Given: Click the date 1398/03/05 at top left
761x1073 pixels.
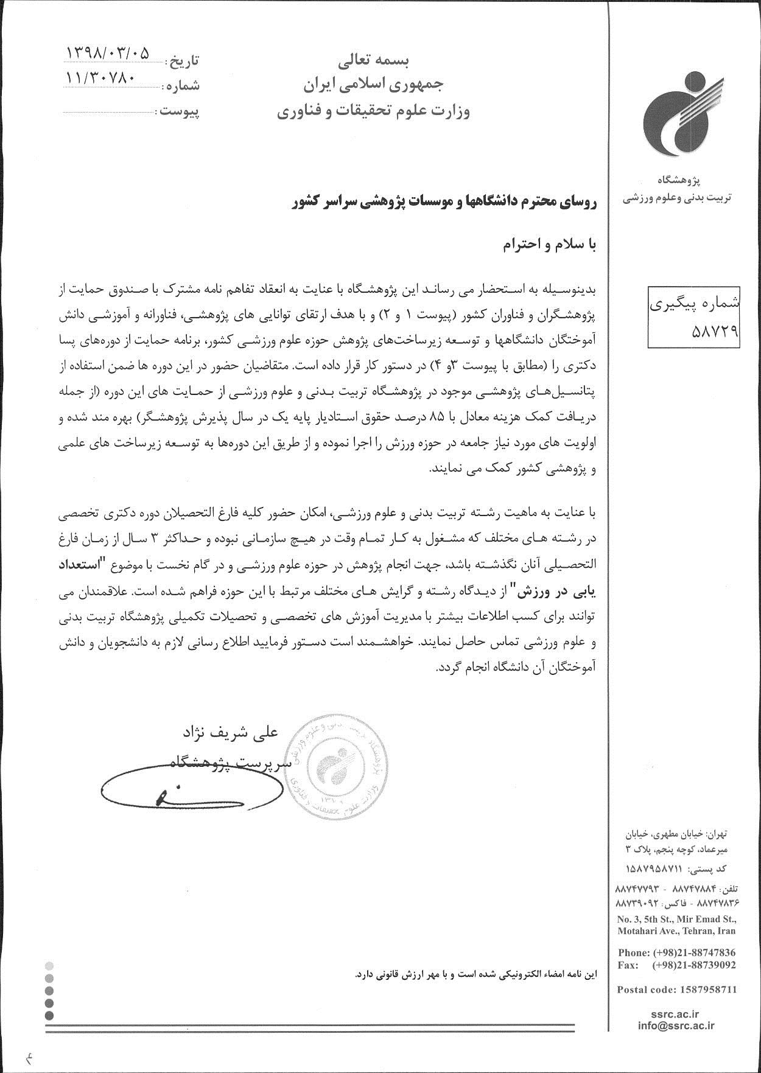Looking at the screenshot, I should [106, 55].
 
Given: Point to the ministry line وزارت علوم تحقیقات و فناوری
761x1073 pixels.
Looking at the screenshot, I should [374, 113].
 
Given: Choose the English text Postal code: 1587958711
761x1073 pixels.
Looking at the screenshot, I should [676, 989].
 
